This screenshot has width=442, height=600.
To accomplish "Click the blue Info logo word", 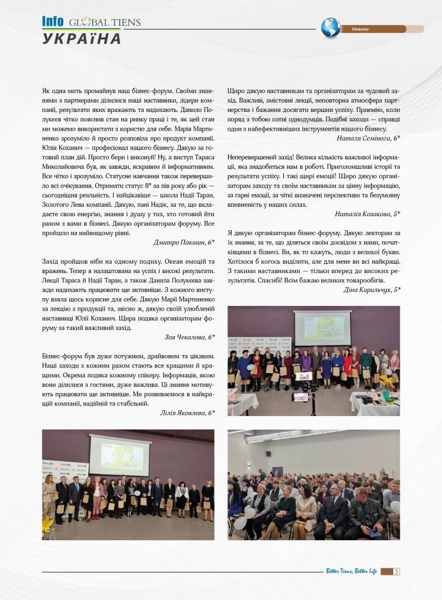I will [53, 22].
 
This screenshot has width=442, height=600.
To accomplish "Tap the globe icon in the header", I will [331, 28].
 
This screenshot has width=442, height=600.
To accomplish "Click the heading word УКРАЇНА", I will [82, 39].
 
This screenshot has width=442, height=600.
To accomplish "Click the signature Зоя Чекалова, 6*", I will [190, 337].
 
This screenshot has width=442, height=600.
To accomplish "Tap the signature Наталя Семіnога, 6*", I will [369, 138].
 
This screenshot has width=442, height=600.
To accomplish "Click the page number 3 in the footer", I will [397, 572].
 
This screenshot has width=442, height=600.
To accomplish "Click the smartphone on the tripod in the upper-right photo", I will [300, 397].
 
